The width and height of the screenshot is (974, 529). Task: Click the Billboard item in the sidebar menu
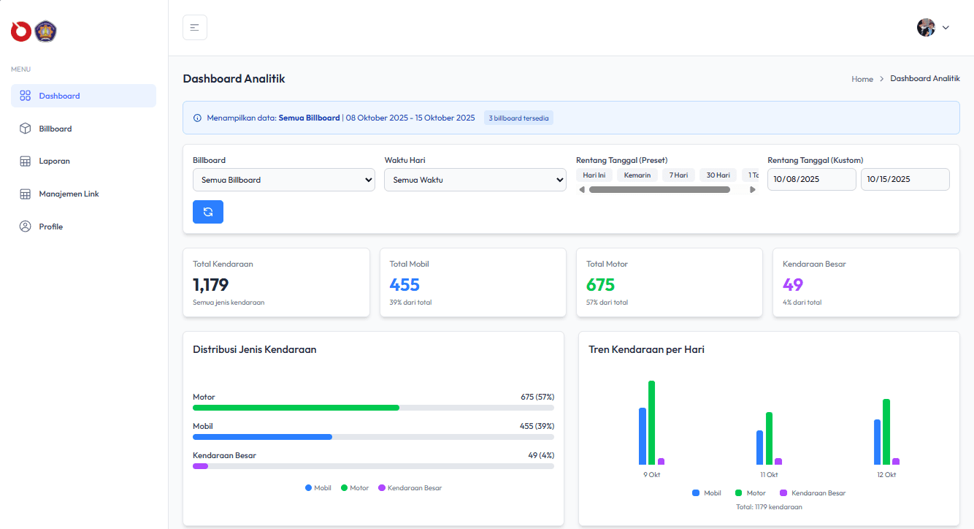[55, 129]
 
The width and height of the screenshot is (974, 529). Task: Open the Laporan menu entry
[54, 161]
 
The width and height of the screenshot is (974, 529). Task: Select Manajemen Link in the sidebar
[69, 194]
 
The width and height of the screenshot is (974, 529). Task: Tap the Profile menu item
[50, 227]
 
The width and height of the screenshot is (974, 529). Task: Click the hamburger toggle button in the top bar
[195, 28]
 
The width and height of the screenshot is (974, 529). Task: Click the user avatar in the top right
[926, 28]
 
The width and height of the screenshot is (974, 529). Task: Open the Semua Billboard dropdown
[283, 180]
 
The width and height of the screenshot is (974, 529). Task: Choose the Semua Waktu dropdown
[475, 180]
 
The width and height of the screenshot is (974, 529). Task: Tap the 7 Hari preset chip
[679, 175]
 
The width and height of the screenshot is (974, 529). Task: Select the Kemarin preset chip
[637, 175]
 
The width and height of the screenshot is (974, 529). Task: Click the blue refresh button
[208, 212]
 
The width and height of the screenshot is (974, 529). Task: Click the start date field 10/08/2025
[811, 180]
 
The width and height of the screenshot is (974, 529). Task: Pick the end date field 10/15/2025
[905, 180]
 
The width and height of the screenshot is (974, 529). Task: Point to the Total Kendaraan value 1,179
[211, 285]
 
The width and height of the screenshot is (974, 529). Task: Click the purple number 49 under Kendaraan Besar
[792, 285]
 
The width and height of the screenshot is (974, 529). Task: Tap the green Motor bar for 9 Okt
[651, 422]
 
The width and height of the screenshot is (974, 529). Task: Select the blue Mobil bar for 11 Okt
[759, 447]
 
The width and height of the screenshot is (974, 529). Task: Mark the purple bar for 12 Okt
[896, 461]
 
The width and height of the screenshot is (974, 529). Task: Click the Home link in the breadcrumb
[862, 79]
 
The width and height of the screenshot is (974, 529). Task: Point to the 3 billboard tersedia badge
[518, 118]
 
